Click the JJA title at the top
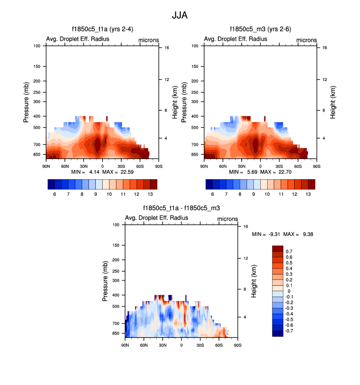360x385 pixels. point(179,15)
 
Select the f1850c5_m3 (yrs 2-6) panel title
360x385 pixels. point(260,29)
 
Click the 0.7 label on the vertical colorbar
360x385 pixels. point(289,251)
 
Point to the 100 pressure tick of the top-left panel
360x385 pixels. point(37,46)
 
